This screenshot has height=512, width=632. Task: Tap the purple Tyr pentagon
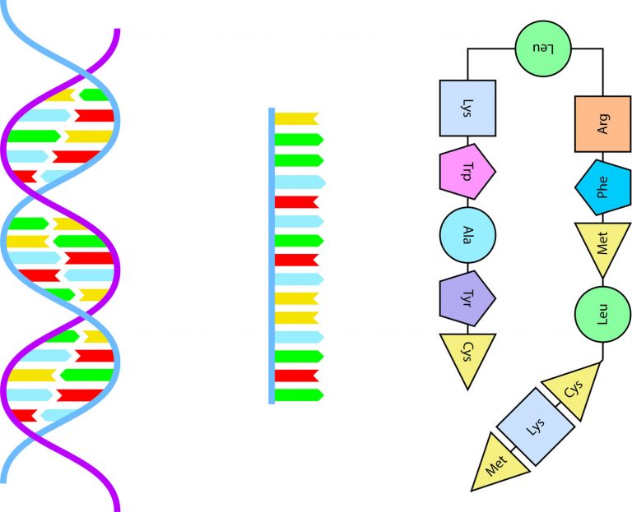point(467,295)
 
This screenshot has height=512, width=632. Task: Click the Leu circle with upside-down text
point(541,47)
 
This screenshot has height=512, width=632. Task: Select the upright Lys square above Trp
point(467,108)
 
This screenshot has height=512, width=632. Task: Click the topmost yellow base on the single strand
point(295,118)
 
